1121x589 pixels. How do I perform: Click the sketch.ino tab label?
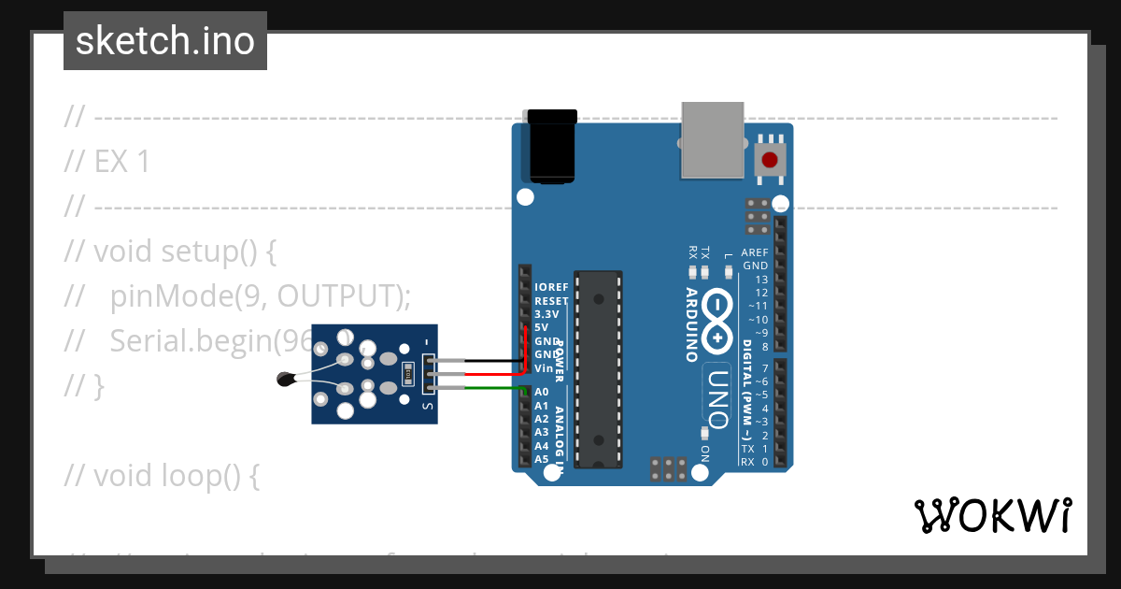165,41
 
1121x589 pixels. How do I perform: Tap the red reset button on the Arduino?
770,160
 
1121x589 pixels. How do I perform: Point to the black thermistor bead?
286,379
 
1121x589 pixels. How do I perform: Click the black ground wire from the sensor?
486,360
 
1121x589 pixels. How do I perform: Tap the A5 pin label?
542,459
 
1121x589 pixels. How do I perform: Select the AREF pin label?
755,253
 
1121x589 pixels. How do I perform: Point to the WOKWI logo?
993,515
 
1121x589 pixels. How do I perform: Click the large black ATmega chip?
598,369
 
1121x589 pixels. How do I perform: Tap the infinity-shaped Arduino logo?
717,320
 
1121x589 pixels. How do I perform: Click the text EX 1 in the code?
121,163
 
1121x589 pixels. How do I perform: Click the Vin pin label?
544,368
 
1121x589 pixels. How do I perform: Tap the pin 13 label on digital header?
761,280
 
